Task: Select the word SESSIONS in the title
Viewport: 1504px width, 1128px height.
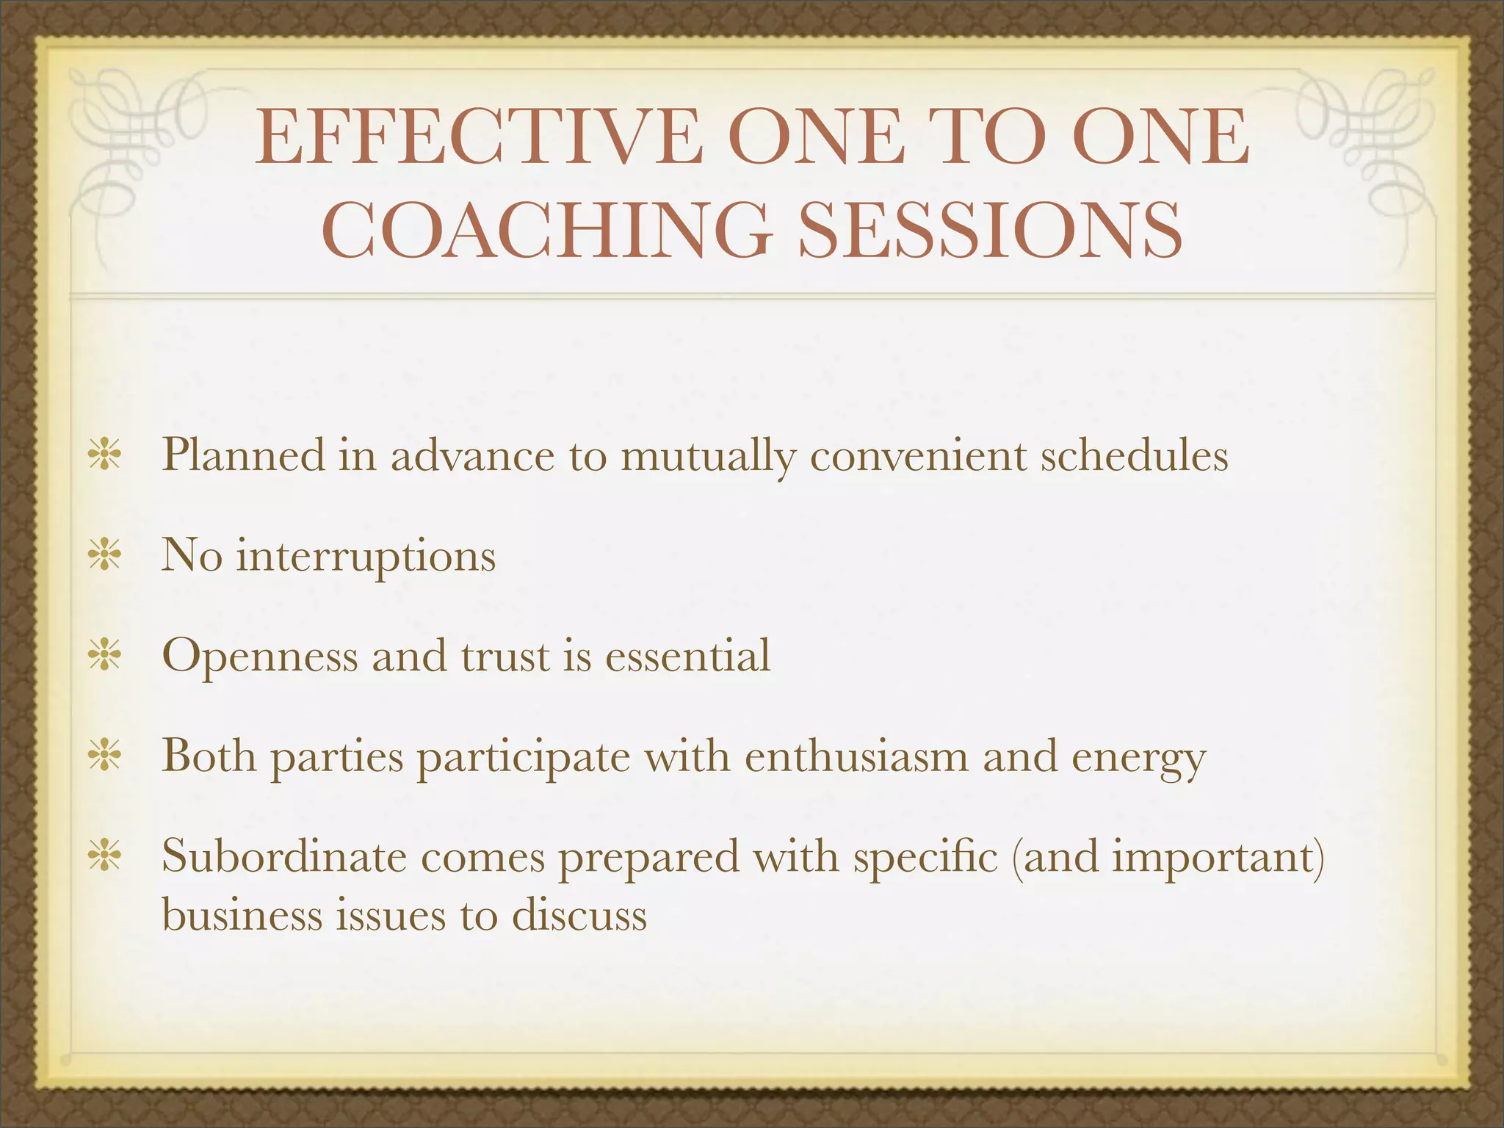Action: point(991,229)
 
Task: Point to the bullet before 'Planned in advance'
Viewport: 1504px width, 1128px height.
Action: point(104,455)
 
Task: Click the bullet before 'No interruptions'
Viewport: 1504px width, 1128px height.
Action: point(104,555)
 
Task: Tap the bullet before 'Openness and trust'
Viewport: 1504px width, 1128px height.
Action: point(104,656)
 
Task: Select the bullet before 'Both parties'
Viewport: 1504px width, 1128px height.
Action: point(104,756)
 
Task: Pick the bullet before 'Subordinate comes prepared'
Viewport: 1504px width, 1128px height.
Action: point(104,856)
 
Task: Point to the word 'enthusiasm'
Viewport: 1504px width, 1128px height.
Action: point(856,756)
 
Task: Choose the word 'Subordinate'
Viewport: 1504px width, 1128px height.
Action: point(283,856)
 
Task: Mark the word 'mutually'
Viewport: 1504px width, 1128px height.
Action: point(708,457)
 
